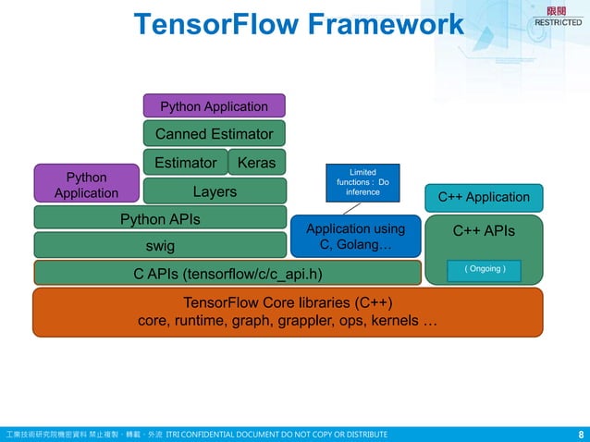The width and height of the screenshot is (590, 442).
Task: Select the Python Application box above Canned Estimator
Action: (x=214, y=105)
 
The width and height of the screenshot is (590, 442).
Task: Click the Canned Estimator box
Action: (x=214, y=133)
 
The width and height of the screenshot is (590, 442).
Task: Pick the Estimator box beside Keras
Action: (x=185, y=163)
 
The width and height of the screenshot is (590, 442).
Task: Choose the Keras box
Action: (x=256, y=163)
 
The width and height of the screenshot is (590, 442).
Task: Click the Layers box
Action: (x=214, y=191)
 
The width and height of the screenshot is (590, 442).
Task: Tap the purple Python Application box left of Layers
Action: (x=86, y=184)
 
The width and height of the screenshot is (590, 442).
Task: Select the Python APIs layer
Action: (x=160, y=219)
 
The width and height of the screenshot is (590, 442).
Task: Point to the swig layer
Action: (x=160, y=246)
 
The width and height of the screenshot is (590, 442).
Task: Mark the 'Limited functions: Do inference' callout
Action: (x=363, y=182)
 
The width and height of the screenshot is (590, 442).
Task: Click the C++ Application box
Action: (x=484, y=197)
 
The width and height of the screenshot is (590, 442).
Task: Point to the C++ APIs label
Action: (x=484, y=231)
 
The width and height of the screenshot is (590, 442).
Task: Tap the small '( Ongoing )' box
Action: (x=484, y=269)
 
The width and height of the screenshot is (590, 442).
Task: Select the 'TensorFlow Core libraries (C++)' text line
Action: (x=288, y=302)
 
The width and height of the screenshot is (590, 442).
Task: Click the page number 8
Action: (x=580, y=434)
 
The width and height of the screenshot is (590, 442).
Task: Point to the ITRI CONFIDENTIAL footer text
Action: (x=277, y=434)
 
